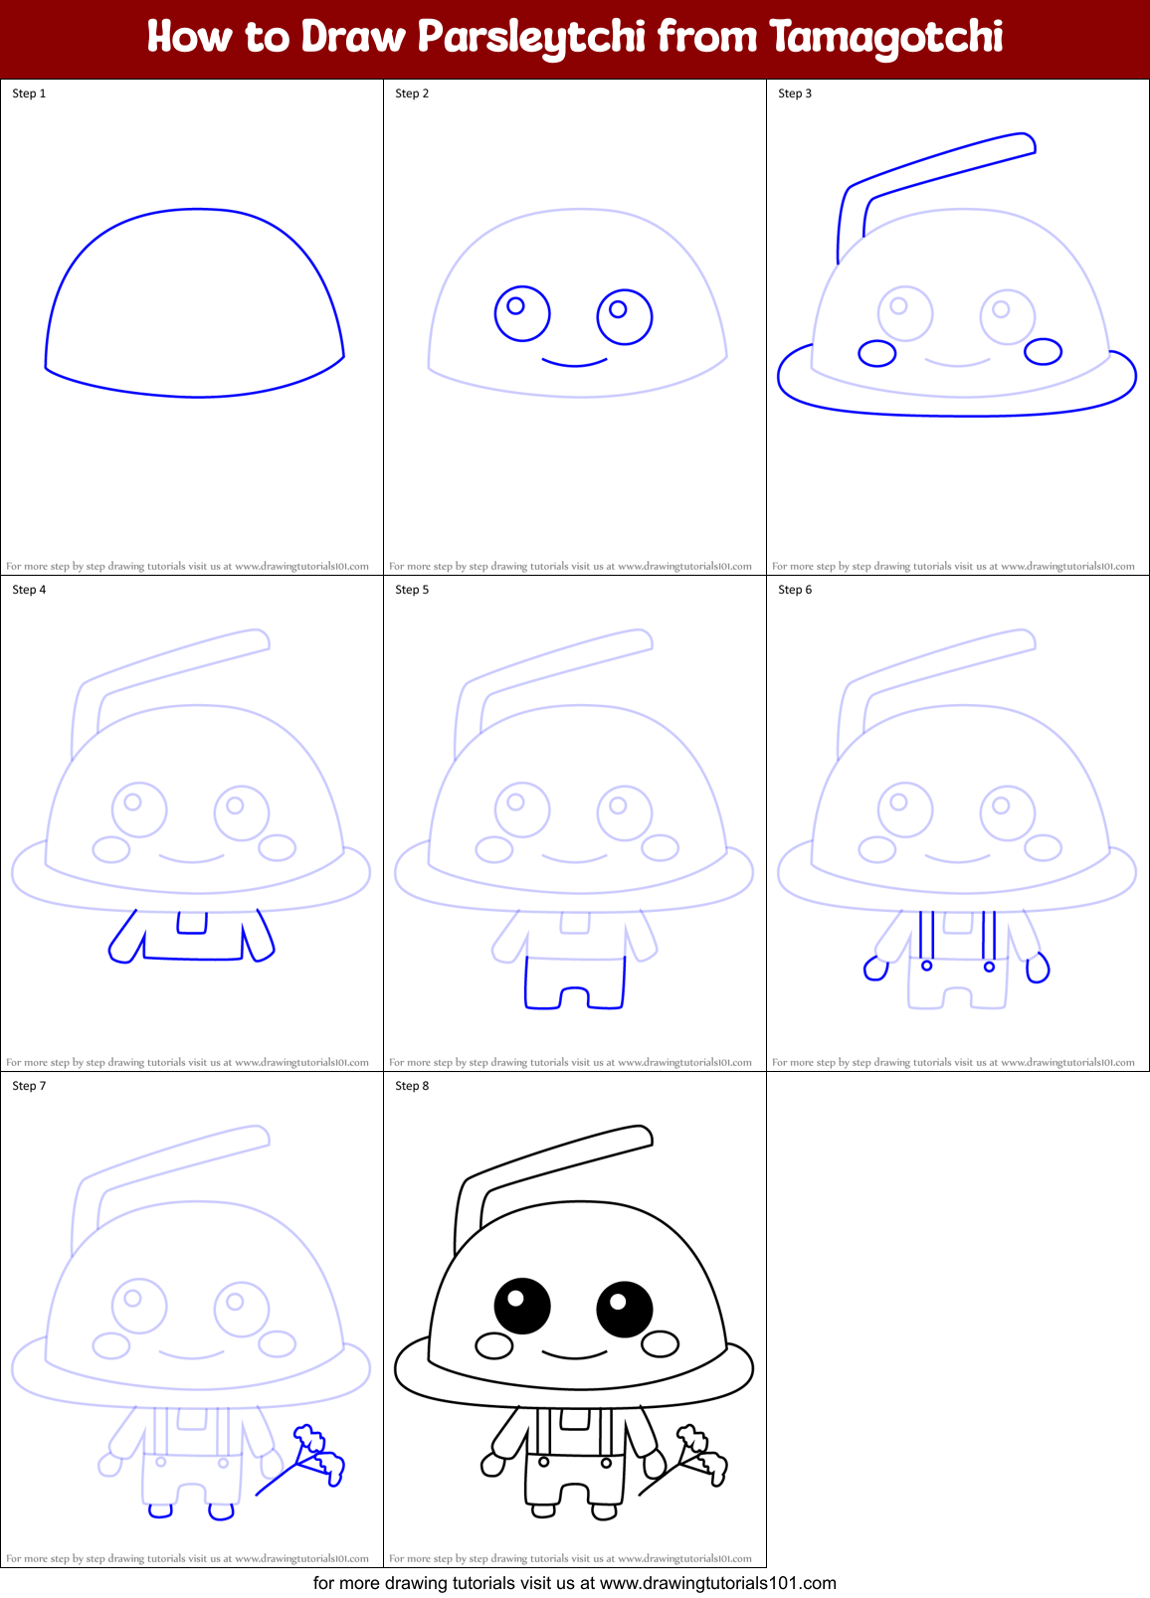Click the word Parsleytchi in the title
[531, 38]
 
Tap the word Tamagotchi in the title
[885, 38]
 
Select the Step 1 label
[29, 93]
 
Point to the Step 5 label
[412, 590]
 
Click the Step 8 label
[412, 1086]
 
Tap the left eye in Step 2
[522, 313]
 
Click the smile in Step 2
[575, 362]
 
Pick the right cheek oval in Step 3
[1043, 351]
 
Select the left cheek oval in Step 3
[877, 353]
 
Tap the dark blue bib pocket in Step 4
[192, 923]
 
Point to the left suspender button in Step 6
[926, 966]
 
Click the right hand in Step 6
[1038, 968]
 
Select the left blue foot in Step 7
[160, 1511]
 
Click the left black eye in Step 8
[522, 1306]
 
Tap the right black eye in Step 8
[625, 1309]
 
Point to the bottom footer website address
[717, 1583]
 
